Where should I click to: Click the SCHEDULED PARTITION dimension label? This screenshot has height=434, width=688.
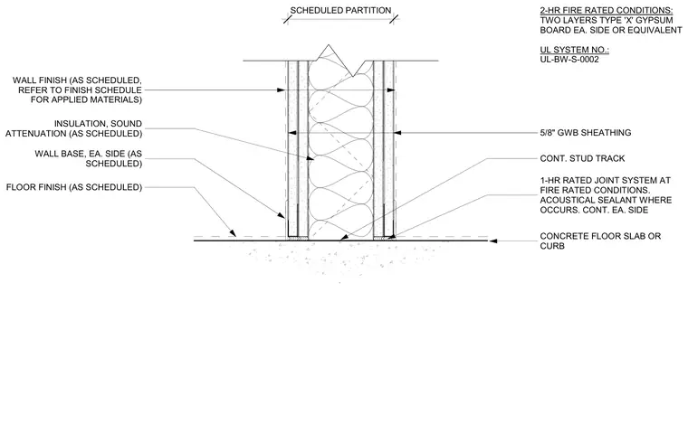[340, 11]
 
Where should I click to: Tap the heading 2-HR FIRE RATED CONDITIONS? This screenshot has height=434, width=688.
[606, 11]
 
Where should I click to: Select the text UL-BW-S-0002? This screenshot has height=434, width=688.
[569, 60]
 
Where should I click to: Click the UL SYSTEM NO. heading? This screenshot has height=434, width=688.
[574, 50]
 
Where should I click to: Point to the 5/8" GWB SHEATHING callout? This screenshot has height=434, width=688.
[586, 132]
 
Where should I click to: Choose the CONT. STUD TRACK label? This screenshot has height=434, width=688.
[582, 158]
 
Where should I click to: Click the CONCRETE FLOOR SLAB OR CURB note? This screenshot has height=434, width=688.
[600, 241]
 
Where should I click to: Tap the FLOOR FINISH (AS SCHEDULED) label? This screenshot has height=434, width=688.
[74, 187]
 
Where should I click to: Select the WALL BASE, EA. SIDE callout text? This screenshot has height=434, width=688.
[88, 159]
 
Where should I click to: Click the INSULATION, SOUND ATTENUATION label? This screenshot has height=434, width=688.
[73, 128]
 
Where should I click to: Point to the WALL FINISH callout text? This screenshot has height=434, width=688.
[77, 90]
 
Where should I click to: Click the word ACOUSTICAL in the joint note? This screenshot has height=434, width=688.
[567, 200]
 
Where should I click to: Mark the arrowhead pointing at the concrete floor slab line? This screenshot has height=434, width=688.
[492, 241]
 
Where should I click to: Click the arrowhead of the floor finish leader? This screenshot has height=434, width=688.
[233, 233]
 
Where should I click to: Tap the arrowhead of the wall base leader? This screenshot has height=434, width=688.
[282, 215]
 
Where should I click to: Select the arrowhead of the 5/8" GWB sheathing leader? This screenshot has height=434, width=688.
[398, 132]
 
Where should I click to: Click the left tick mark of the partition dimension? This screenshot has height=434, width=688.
[287, 19]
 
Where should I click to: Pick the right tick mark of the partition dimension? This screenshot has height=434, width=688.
[394, 19]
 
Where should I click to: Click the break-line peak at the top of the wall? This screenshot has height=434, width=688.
[329, 45]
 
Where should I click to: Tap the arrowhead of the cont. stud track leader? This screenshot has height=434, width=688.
[344, 237]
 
